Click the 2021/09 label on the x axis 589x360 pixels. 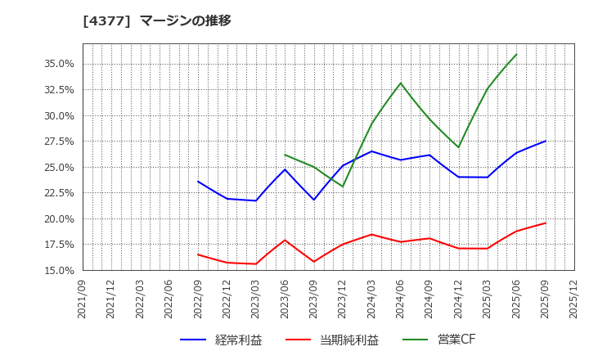click(83, 299)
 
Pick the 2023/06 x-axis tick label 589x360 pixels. click(285, 299)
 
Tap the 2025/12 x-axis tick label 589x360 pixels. click(573, 299)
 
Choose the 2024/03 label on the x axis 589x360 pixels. click(371, 299)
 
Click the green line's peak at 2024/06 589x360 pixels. click(401, 83)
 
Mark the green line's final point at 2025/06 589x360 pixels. click(516, 54)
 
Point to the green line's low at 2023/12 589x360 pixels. click(343, 187)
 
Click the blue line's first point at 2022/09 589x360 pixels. click(198, 182)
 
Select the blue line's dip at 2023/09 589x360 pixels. click(313, 200)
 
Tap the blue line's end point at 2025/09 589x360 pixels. click(545, 141)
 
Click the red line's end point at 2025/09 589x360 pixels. click(545, 223)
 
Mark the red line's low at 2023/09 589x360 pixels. click(313, 262)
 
